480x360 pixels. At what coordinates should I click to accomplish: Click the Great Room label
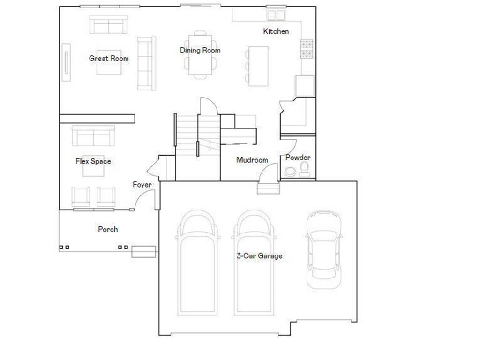coord(109,59)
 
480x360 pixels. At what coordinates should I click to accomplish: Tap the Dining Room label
coord(200,50)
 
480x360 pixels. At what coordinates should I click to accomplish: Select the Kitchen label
coord(276,31)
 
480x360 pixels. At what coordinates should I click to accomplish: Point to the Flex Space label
coord(93,161)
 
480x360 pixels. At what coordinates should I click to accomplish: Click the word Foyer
coord(142,185)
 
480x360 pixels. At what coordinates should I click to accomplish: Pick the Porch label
coord(108,229)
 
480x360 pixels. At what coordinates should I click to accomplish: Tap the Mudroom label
coord(252,160)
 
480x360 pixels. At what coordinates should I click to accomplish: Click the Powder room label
coord(298,157)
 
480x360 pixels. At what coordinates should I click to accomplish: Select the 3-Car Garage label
coord(259,256)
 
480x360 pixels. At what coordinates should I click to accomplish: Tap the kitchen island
coord(255,66)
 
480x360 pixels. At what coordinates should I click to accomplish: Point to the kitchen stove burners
coord(307,49)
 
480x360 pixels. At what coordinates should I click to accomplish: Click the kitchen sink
coord(276,15)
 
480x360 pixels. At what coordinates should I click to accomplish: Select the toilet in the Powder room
coord(304,169)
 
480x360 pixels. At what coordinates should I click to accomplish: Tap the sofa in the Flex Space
coord(93,136)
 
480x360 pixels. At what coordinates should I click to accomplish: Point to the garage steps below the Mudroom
coord(268,188)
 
